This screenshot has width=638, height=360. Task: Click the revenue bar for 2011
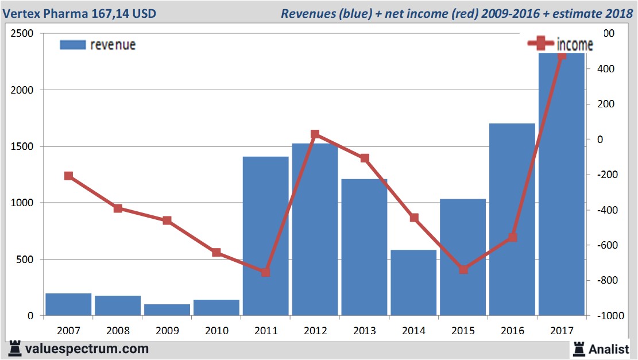coord(265,235)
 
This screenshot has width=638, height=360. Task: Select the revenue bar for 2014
coord(413,282)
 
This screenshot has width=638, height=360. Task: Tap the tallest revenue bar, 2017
coord(561,184)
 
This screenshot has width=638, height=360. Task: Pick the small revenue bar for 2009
coord(167,309)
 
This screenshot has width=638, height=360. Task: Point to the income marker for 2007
coord(69,176)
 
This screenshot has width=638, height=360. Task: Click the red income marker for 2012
coord(315,134)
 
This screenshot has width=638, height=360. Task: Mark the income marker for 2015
coord(463,269)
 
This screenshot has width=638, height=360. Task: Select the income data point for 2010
coord(216,253)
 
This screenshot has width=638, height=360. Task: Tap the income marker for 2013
coord(364,158)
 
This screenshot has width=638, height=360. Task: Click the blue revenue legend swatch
coord(72,45)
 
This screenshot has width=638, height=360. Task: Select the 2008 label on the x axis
coord(118,331)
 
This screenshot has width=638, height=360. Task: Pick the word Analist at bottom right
coord(609,349)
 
